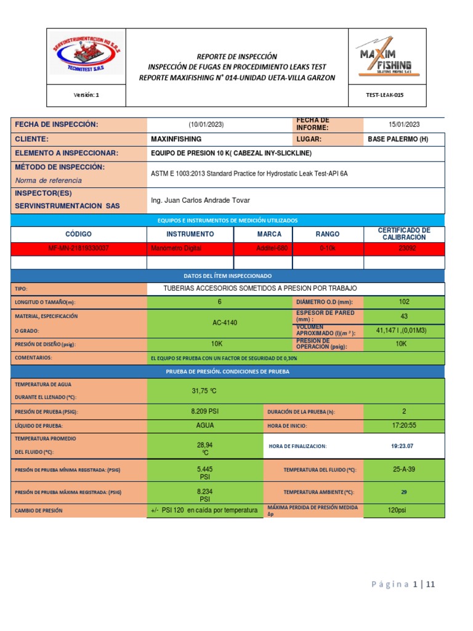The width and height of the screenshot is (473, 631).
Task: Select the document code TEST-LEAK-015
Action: coord(386,95)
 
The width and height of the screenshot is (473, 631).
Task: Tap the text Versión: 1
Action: coord(86,95)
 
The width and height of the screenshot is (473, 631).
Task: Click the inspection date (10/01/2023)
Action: coord(206,124)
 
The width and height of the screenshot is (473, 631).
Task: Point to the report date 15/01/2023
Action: coord(403,124)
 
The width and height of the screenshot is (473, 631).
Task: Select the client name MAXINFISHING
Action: coord(176,139)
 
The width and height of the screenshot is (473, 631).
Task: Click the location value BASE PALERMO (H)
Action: coord(397,139)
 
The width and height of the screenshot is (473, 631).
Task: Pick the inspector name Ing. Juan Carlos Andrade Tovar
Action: coord(201,200)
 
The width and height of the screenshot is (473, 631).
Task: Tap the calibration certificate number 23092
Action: coord(403,248)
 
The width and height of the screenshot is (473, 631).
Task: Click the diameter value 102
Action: coord(403,301)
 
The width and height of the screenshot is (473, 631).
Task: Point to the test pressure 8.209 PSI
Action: coord(205,411)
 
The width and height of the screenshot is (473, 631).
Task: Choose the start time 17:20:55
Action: coord(403,425)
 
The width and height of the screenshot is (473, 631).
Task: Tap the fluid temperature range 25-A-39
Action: coord(403,469)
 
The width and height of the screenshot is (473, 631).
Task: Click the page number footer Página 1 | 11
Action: coord(403,584)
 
